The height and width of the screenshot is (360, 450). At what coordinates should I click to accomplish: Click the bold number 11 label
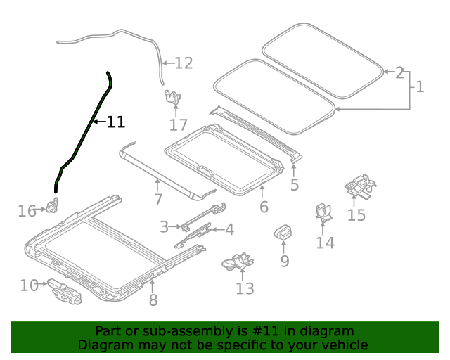tap(115, 122)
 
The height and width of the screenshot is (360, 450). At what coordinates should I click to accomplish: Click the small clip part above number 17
tap(172, 96)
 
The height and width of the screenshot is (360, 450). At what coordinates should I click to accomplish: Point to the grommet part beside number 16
tap(51, 207)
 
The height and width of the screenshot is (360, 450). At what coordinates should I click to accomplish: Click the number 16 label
tap(27, 211)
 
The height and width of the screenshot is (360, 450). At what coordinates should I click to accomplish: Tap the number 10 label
tap(29, 285)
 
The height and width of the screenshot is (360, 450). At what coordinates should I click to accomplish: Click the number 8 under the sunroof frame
tap(153, 300)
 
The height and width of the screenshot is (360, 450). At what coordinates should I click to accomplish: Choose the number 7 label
tap(158, 200)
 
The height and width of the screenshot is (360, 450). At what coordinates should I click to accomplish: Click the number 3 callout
tap(164, 226)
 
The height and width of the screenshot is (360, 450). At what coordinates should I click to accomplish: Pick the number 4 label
tap(229, 229)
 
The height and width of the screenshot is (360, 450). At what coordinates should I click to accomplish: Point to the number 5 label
tap(294, 185)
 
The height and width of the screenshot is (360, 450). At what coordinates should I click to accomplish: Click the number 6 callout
tap(264, 207)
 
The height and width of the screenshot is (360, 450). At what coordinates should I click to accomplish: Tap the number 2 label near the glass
tap(399, 72)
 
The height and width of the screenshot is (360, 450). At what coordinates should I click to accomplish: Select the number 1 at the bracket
tap(420, 87)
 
